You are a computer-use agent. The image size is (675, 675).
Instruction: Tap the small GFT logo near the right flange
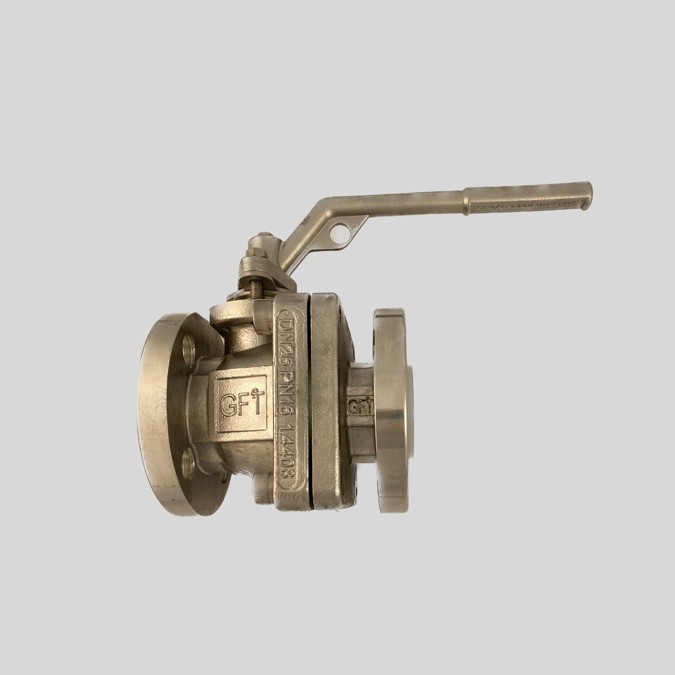point(360,406)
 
